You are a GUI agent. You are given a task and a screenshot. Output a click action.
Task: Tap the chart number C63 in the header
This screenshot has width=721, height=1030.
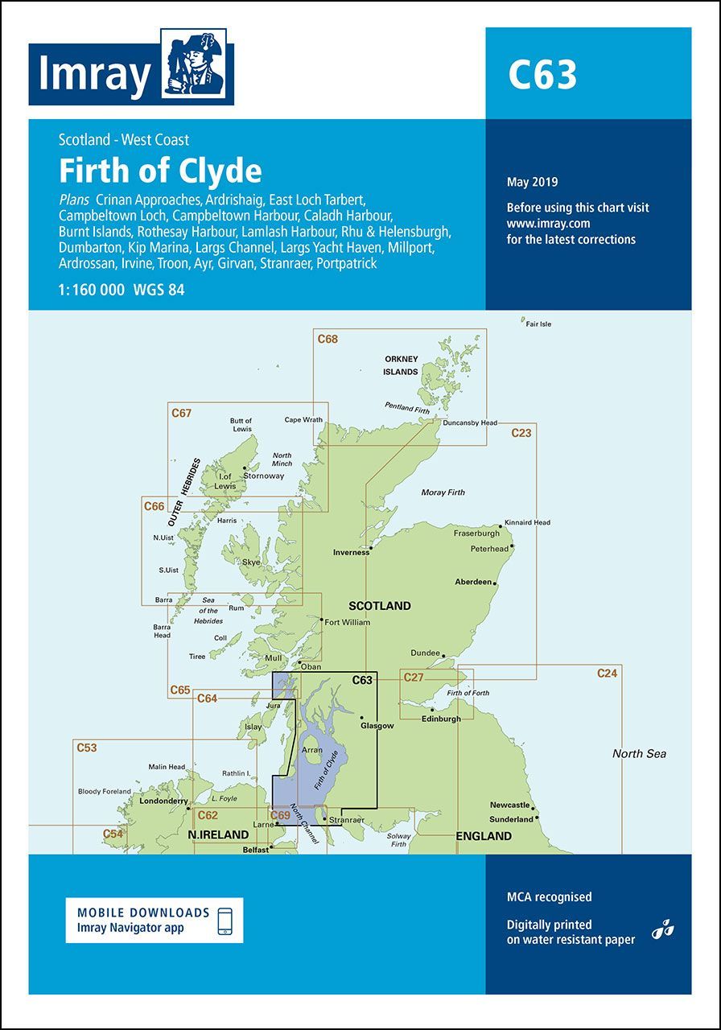542,75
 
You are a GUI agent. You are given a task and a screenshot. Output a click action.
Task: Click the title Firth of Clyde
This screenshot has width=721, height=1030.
160,171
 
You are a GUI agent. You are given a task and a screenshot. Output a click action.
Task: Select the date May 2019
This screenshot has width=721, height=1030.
532,183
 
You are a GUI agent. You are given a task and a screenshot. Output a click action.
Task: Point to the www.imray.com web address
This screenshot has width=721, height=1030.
548,223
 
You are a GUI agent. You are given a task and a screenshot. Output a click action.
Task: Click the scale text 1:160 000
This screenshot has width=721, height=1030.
92,290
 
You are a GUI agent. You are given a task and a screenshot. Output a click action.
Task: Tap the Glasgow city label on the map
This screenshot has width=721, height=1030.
377,726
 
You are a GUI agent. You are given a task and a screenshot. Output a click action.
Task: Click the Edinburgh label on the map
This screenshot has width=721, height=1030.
440,719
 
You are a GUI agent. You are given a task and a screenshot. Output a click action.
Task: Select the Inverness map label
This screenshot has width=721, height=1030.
351,553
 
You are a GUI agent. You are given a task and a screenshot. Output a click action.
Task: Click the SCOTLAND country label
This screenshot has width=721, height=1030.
379,606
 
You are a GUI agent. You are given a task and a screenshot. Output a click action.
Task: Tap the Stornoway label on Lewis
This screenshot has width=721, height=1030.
263,476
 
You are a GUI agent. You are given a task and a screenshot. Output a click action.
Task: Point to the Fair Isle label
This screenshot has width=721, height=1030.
538,324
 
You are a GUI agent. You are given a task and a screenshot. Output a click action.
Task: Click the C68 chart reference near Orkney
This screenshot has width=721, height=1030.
328,339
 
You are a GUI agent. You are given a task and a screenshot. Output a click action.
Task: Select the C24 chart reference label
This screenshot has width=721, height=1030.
607,674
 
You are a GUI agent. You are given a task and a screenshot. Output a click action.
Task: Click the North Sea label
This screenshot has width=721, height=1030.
639,754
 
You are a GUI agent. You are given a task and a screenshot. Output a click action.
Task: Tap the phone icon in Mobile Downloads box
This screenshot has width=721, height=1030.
226,921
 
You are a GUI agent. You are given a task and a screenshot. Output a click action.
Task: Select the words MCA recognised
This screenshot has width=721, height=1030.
549,896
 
